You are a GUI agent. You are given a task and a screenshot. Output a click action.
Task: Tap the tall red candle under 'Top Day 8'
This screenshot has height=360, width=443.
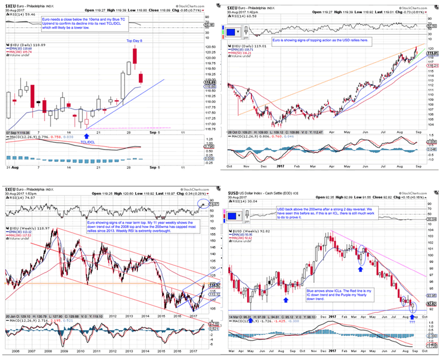click(134, 55)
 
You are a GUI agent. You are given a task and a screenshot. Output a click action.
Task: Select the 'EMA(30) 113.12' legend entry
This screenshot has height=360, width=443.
click(21, 233)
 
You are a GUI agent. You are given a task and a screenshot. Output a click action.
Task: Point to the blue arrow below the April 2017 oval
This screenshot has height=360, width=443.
click(360, 268)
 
